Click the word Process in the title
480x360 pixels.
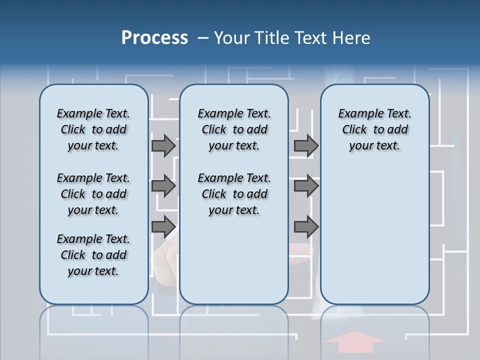tap(154, 38)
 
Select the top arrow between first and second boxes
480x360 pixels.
tap(163, 145)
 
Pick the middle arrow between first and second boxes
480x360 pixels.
tap(163, 186)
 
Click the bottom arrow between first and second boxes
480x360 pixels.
tap(163, 226)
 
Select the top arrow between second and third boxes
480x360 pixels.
tap(306, 145)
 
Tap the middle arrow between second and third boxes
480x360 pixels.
tap(306, 186)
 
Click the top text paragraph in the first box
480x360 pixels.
tap(93, 129)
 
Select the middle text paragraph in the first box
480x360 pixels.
tap(93, 194)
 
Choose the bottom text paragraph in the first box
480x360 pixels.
tap(93, 255)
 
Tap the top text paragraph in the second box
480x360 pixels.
tap(234, 129)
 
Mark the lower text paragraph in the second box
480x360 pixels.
tap(234, 194)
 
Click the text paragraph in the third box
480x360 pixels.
tap(374, 129)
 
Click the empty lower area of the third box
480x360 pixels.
tap(374, 235)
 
